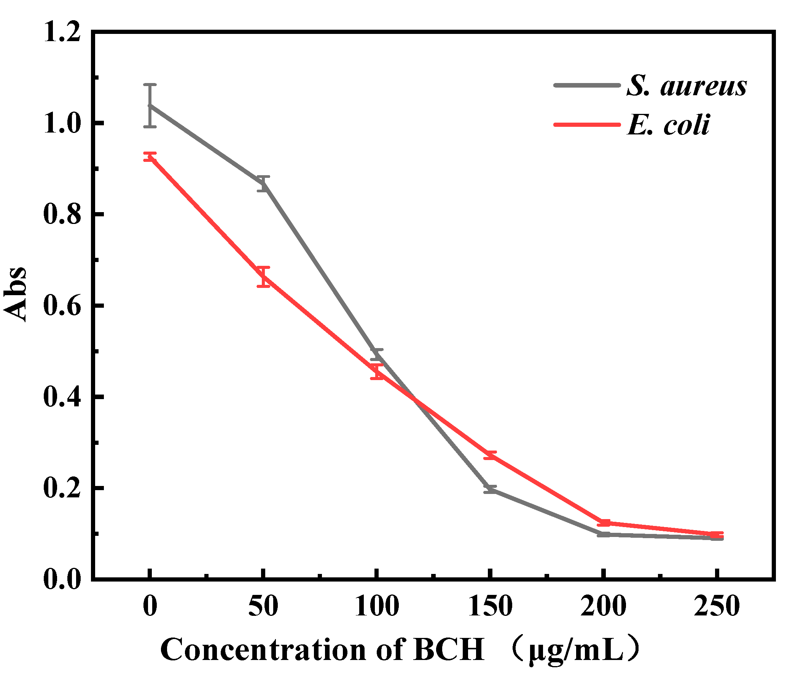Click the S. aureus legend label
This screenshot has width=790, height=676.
[x=686, y=86]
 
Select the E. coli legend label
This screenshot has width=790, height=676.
[x=668, y=125]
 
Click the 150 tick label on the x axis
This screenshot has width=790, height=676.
[x=490, y=606]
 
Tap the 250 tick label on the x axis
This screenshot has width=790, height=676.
[x=717, y=606]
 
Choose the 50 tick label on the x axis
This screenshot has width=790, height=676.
[x=263, y=606]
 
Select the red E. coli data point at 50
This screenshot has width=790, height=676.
[x=263, y=276]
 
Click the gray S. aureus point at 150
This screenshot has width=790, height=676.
[x=490, y=489]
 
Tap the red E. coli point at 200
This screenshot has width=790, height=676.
[x=604, y=523]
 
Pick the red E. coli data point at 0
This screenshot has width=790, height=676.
[x=150, y=157]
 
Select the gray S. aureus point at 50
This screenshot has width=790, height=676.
[x=263, y=184]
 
